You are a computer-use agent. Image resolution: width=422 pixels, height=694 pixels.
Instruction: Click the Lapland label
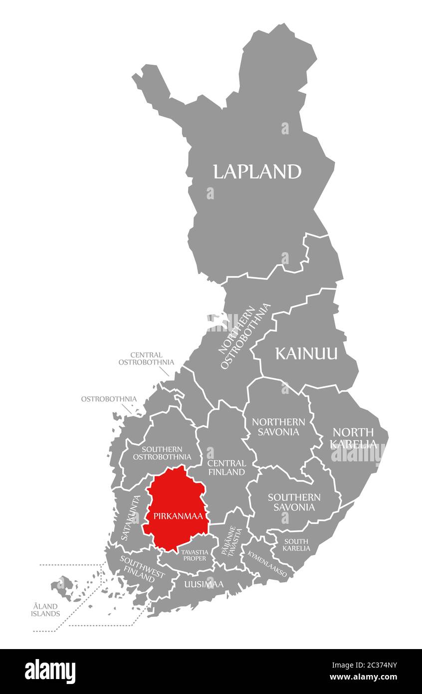[x=257, y=172]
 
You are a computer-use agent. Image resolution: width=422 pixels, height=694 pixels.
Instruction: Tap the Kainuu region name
[x=306, y=353]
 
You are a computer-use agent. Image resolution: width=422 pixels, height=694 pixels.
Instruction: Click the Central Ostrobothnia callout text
[x=146, y=358]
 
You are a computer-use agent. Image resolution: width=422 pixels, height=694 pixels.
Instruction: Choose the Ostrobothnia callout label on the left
[x=109, y=399]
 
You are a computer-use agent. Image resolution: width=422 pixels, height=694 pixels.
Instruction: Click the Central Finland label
[x=226, y=467]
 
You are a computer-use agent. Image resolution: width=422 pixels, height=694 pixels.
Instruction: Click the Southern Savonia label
[x=294, y=502]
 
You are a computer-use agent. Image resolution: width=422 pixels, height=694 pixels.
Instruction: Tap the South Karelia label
[x=296, y=545]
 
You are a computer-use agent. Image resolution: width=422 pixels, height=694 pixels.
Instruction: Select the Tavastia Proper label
[x=194, y=555]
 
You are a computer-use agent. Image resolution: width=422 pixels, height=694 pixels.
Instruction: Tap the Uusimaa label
[x=204, y=584]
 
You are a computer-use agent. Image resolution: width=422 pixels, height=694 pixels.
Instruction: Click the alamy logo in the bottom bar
[x=50, y=671]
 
